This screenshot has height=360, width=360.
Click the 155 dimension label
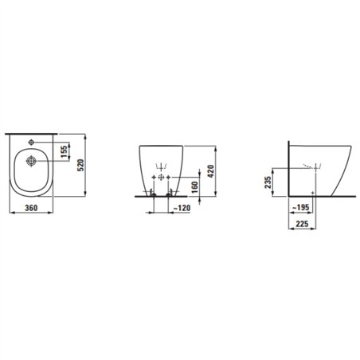tap(65, 151)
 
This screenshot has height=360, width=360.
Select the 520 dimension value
tap(80, 165)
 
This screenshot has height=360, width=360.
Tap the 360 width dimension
tap(31, 208)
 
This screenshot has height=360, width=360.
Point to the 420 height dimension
tap(210, 171)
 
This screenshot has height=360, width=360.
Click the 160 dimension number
tap(194, 187)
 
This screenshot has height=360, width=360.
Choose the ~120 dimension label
tap(182, 208)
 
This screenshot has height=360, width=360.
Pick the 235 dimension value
tap(268, 182)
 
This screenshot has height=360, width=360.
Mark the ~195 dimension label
tap(301, 207)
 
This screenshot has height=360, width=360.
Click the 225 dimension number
tap(302, 224)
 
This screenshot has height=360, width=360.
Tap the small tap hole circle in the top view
tap(31, 143)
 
